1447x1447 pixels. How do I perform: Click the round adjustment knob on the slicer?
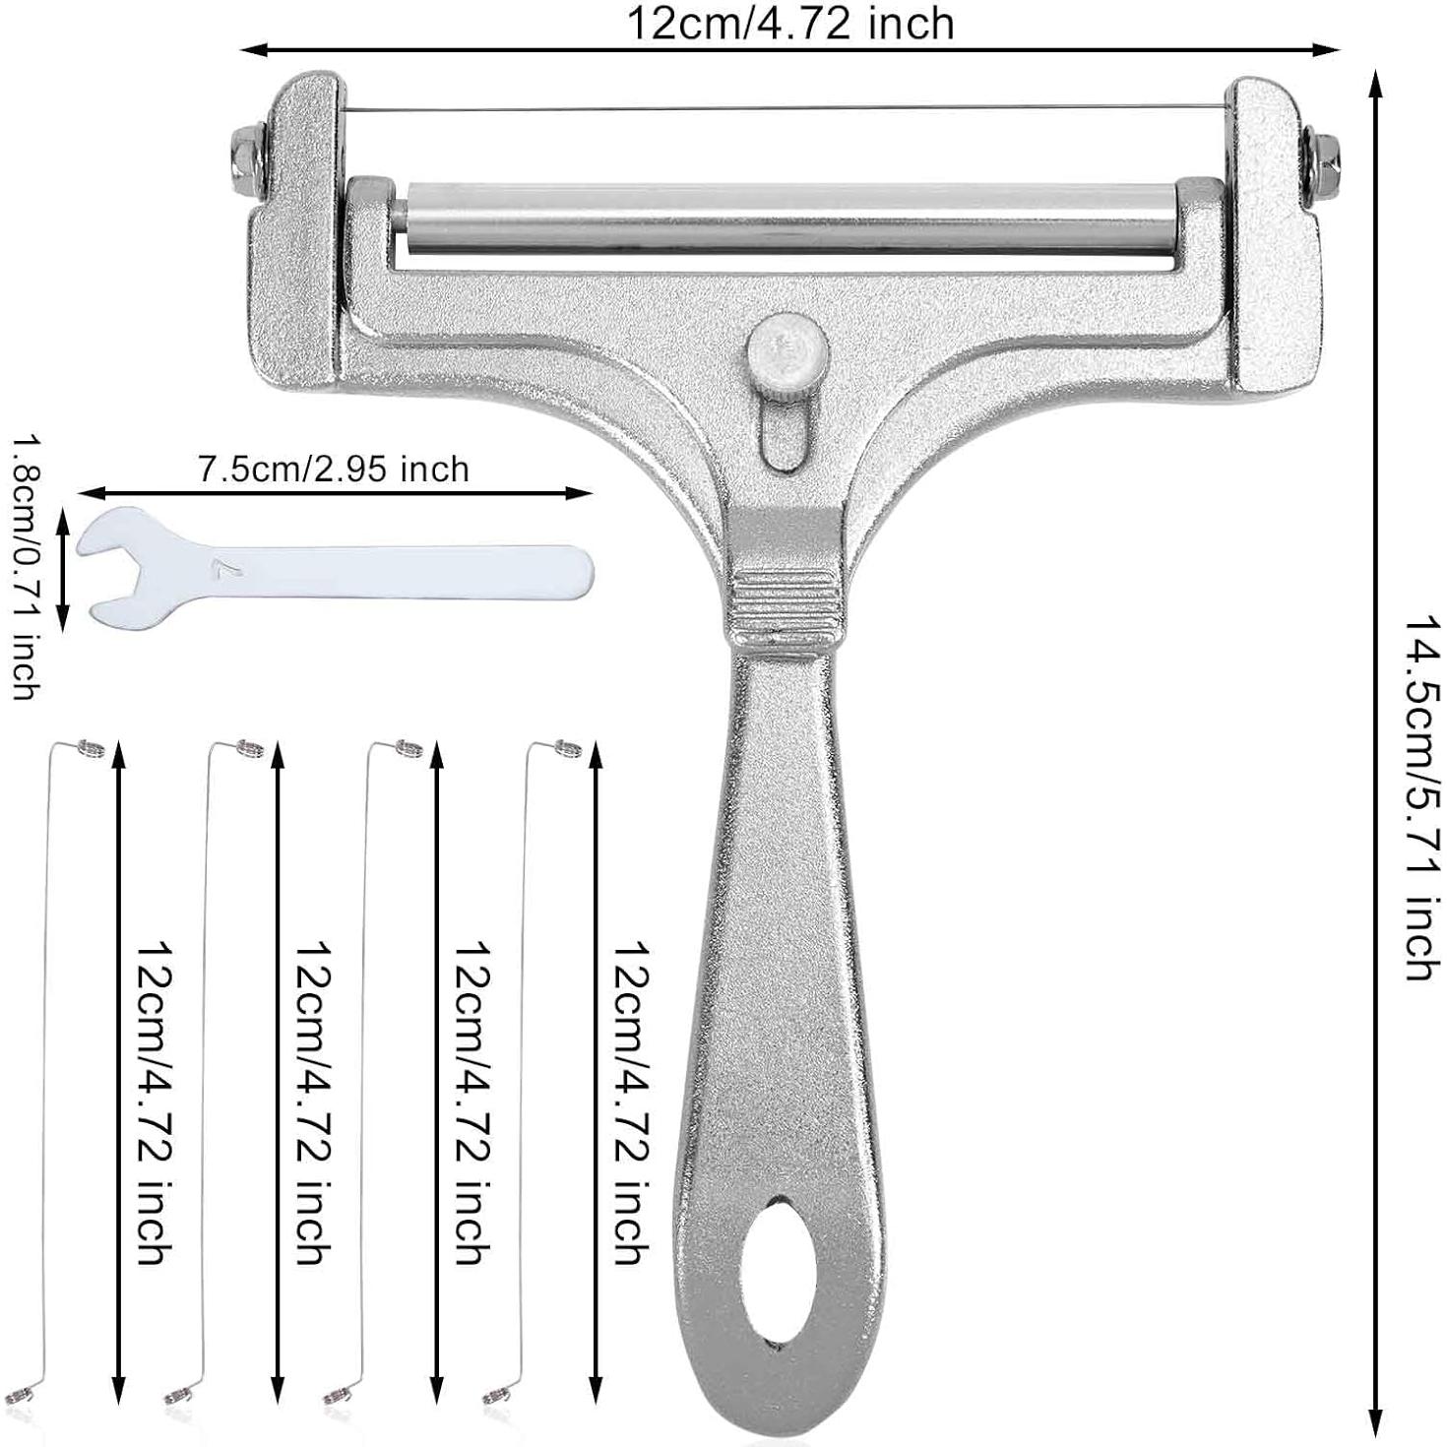[x=786, y=350]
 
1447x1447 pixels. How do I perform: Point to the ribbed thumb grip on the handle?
[x=786, y=596]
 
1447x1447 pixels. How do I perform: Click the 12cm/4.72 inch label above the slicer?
[x=790, y=24]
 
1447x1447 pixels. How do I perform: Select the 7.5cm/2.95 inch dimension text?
[x=333, y=471]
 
